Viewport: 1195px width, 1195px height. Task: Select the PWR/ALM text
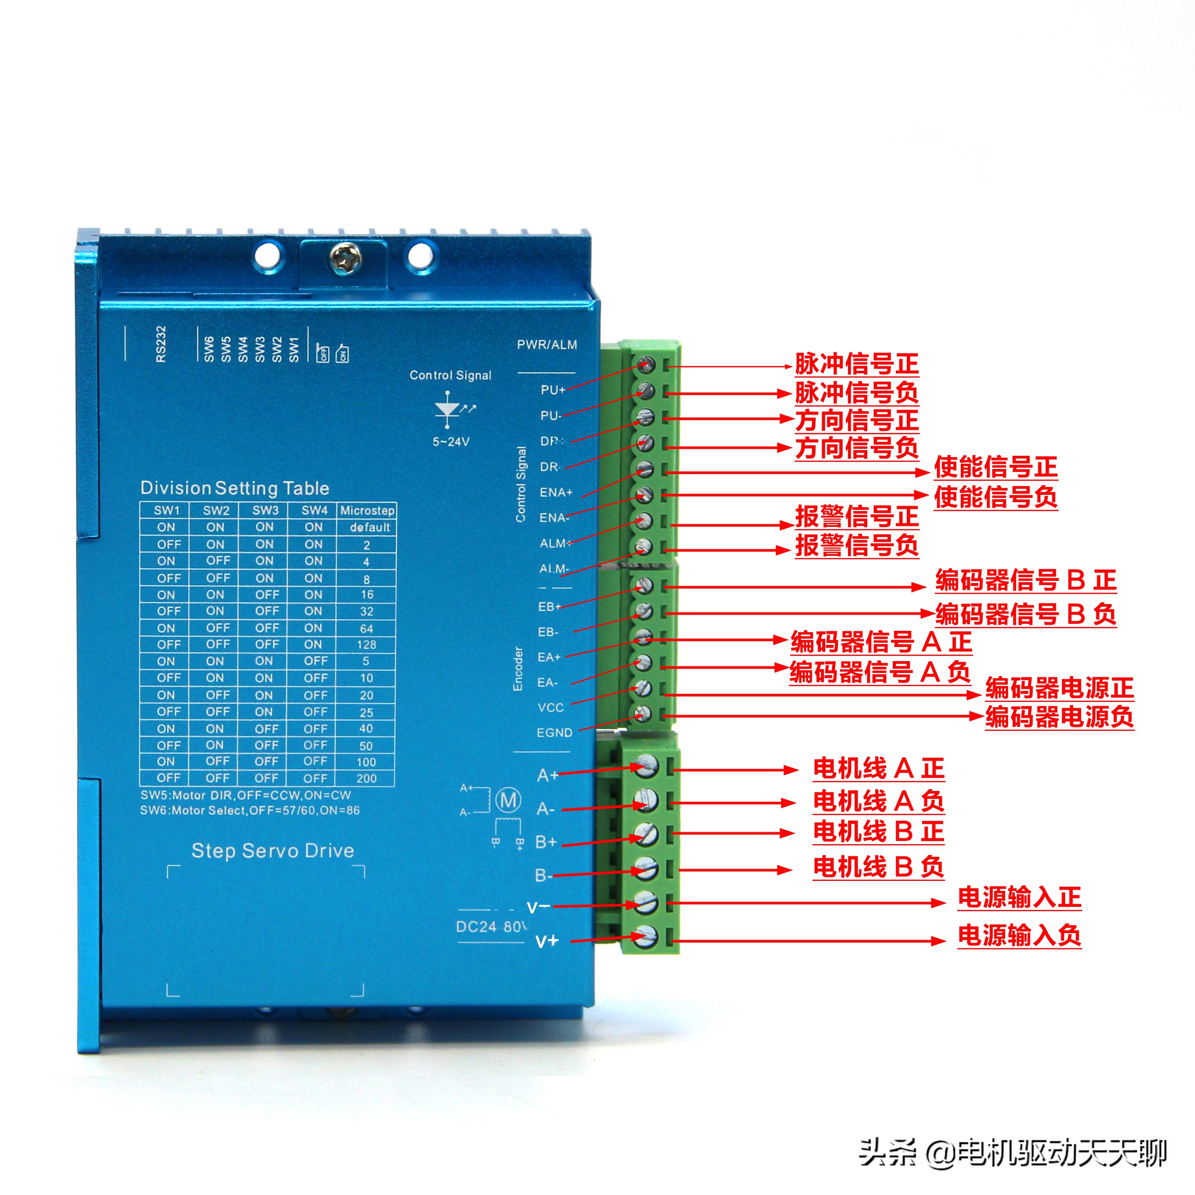[x=547, y=344]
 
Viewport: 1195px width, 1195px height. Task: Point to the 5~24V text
[x=451, y=442]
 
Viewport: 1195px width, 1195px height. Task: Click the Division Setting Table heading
[x=234, y=488]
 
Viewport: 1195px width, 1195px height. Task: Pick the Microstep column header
[x=367, y=510]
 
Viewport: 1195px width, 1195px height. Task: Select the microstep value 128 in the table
[x=366, y=644]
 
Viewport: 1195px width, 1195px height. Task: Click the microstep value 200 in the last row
[x=366, y=778]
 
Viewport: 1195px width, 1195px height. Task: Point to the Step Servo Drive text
[x=273, y=851]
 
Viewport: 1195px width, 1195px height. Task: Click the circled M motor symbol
[x=508, y=800]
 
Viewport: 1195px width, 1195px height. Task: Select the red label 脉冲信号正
[x=857, y=364]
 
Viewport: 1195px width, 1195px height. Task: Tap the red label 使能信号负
[x=995, y=497]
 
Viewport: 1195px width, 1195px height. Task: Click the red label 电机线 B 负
[x=878, y=866]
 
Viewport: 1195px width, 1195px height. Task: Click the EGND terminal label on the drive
[x=554, y=732]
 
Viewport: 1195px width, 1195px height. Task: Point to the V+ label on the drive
[x=547, y=941]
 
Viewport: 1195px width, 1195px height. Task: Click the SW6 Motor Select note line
[x=250, y=810]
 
